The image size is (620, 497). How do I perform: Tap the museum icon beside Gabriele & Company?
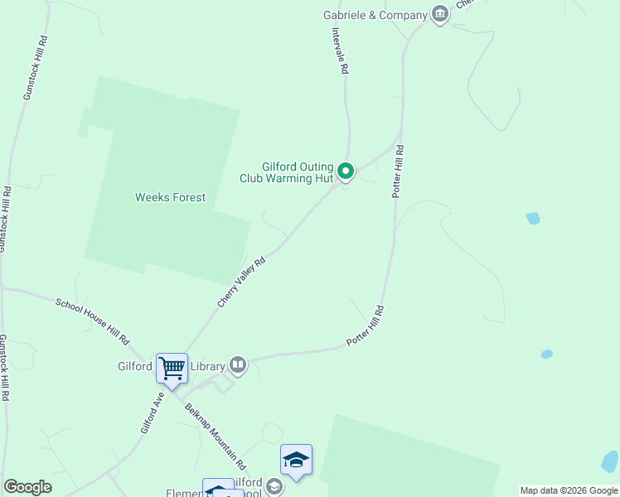pos(440,14)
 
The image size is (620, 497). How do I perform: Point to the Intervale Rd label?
pos(338,51)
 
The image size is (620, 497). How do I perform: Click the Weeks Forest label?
pos(170,197)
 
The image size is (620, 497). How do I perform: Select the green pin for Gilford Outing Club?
pos(346,171)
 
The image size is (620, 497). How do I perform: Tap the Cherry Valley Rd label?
pos(241,282)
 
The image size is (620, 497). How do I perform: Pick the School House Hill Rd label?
pos(93,321)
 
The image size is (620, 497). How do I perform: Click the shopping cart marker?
pos(172,367)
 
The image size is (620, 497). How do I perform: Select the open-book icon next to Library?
pos(238,364)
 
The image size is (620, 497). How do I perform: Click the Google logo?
pos(27,487)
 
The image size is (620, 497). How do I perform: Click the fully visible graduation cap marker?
pos(296,461)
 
